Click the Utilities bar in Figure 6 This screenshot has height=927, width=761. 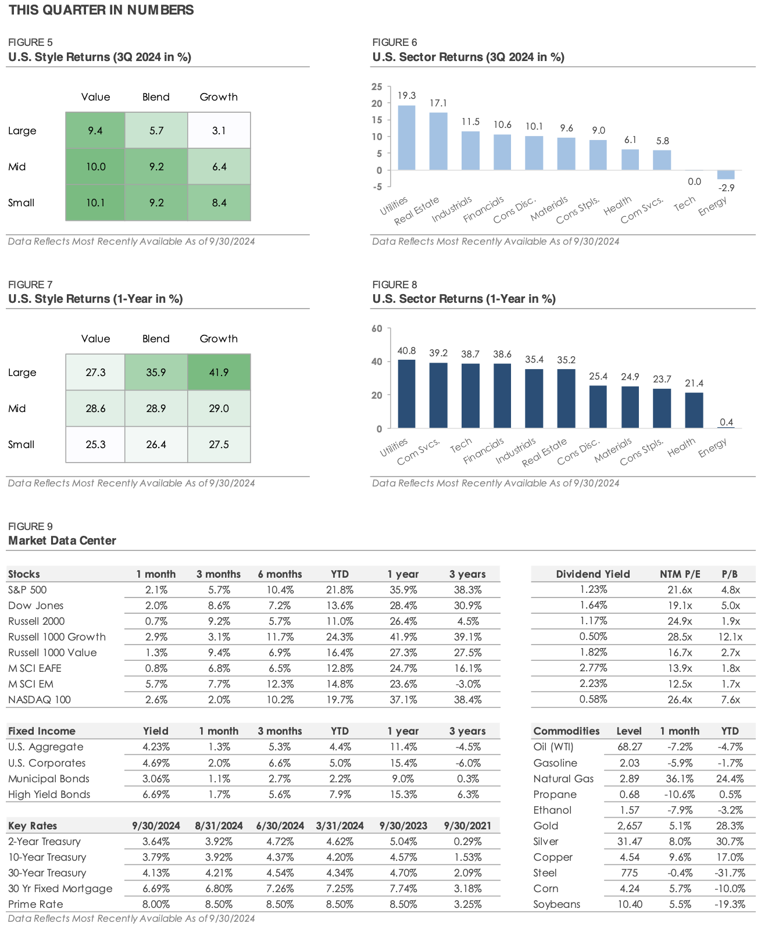point(406,138)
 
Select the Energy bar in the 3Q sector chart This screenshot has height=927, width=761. point(726,174)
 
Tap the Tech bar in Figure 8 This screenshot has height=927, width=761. point(470,396)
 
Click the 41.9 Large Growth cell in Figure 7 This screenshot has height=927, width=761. point(219,372)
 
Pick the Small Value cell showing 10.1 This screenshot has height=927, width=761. point(95,203)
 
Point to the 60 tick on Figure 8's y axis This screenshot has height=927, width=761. point(377,328)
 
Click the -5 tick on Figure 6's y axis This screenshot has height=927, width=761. point(377,187)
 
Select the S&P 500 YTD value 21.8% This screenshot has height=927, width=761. point(340,590)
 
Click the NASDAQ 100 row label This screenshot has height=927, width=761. point(40,700)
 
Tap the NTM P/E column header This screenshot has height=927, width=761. point(680,574)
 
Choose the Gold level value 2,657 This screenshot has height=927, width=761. point(630,826)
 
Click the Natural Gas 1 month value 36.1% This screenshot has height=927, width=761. point(679,779)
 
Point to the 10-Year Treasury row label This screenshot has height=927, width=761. point(47,857)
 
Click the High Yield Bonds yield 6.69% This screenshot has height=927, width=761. point(156,794)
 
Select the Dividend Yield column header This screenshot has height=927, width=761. point(592,574)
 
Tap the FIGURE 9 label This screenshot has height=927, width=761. point(30,527)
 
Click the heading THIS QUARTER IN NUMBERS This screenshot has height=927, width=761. point(101,10)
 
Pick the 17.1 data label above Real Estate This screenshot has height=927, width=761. point(438,103)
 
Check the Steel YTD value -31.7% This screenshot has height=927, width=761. point(730,873)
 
